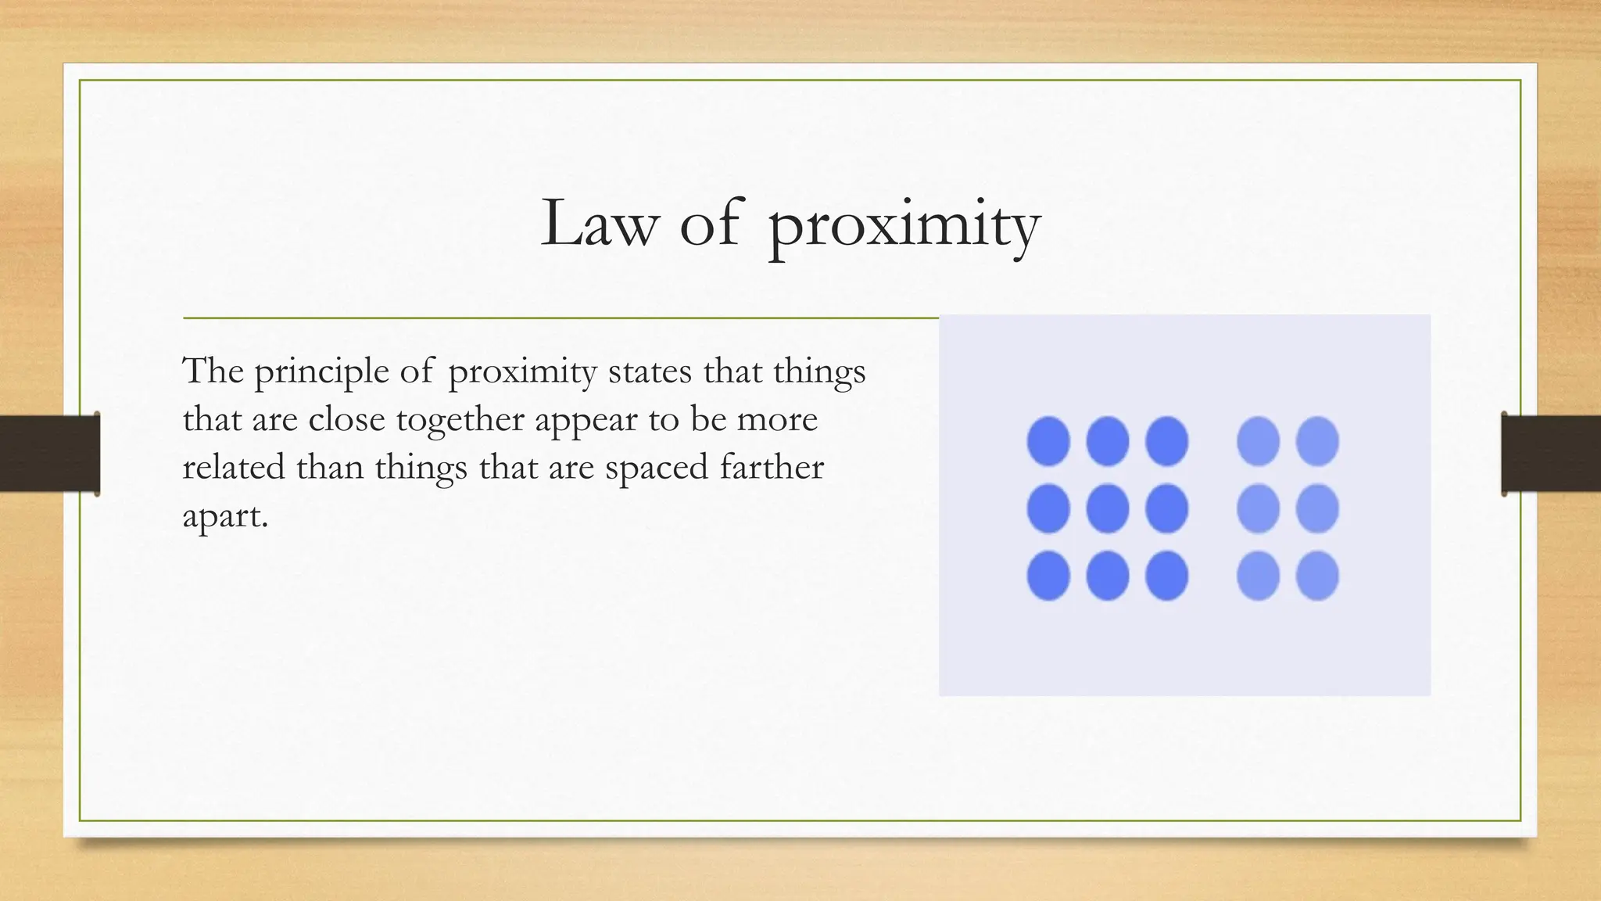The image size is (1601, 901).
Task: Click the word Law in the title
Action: [x=599, y=224]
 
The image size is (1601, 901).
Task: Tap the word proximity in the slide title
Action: [x=904, y=227]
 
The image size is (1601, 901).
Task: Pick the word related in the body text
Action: [x=234, y=468]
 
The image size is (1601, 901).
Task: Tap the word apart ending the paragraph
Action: [x=224, y=517]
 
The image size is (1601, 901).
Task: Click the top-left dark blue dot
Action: [x=1048, y=441]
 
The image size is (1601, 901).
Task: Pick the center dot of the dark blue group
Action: [x=1108, y=508]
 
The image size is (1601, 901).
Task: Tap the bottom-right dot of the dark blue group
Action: [x=1167, y=576]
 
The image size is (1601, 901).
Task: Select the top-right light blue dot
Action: [x=1317, y=441]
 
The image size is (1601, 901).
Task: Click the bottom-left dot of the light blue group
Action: [x=1258, y=576]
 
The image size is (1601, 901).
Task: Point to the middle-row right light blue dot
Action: [x=1317, y=508]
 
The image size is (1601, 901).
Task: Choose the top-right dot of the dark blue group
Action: [x=1167, y=441]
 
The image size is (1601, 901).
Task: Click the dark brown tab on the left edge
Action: [x=49, y=454]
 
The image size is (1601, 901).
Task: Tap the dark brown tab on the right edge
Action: [x=1551, y=454]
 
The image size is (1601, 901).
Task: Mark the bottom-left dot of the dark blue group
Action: [x=1048, y=576]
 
